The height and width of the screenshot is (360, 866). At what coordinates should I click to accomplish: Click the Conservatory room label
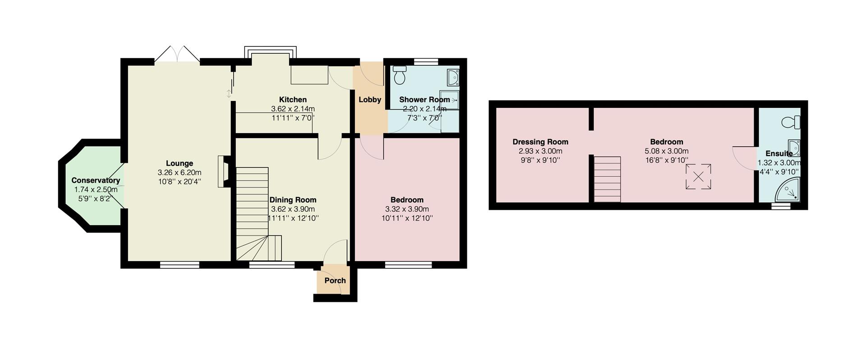(x=96, y=180)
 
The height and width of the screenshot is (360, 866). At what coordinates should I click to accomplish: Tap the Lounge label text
(x=180, y=163)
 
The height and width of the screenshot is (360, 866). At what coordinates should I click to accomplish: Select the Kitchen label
(x=293, y=99)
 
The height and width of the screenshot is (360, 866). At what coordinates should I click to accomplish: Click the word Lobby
(x=370, y=100)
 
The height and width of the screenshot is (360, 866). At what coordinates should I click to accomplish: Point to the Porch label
(x=335, y=280)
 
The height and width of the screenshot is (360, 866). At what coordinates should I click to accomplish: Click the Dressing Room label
(x=540, y=142)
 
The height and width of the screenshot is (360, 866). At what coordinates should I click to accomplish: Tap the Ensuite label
(x=779, y=153)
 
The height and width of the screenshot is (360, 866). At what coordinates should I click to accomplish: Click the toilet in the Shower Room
(x=400, y=75)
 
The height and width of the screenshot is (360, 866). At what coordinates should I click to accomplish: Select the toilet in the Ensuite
(x=791, y=122)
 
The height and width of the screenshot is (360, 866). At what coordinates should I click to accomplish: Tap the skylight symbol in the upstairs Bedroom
(x=698, y=177)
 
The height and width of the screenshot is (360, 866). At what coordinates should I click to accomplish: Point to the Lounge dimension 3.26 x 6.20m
(x=180, y=172)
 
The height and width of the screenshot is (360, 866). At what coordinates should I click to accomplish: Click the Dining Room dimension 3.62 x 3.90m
(x=293, y=209)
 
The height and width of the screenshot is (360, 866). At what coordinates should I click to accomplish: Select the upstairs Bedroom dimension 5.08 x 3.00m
(x=667, y=151)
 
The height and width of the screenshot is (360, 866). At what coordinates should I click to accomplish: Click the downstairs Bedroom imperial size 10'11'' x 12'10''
(x=407, y=218)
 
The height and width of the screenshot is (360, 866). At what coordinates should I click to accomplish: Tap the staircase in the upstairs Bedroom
(x=607, y=180)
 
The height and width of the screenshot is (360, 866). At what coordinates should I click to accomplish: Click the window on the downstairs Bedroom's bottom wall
(x=408, y=265)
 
